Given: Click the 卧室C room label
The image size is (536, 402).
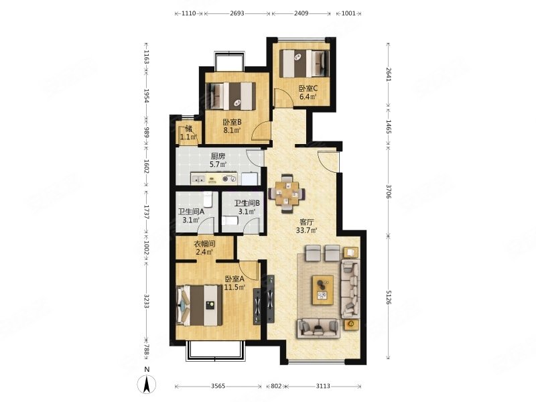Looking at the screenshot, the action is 308,88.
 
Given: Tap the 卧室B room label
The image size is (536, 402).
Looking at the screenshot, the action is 232,122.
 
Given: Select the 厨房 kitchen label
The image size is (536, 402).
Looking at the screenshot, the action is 218,157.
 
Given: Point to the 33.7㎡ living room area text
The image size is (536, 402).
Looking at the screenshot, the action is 307,230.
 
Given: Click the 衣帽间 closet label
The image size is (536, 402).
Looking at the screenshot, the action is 204,245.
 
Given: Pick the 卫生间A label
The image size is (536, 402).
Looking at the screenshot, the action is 191,212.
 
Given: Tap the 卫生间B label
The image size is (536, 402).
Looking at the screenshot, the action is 247,203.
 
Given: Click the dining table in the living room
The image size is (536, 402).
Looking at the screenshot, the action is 287,194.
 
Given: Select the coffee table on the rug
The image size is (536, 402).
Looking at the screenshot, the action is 323,290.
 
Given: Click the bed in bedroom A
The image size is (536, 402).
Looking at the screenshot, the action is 199,306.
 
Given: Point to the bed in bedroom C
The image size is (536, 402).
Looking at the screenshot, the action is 304,64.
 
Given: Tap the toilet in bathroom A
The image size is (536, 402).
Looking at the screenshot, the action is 208,199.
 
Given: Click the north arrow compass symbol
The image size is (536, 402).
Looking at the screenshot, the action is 147,383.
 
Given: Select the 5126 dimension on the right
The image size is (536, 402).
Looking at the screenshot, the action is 389,297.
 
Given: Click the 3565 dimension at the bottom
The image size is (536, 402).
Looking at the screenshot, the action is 218,387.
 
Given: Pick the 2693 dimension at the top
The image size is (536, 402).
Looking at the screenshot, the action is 237,13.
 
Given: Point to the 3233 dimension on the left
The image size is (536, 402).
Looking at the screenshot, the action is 146,301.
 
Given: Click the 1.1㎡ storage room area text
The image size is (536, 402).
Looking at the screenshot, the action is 189,137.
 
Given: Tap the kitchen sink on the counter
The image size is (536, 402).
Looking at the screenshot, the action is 198,178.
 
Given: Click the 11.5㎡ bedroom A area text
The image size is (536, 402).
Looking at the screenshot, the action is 235,287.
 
